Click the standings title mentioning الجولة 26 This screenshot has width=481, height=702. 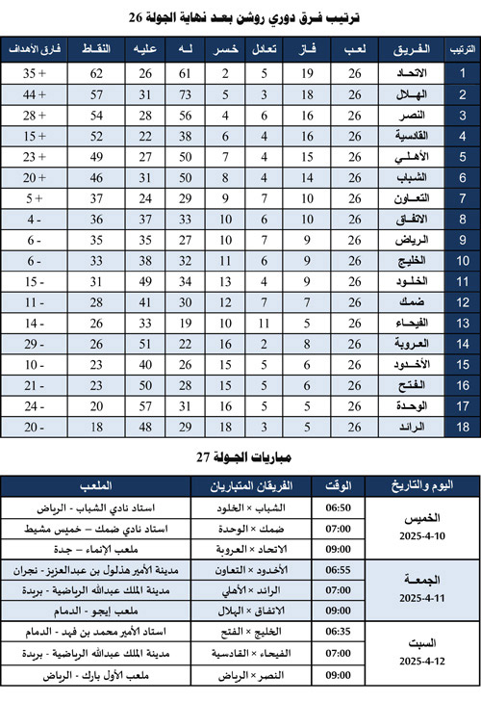pos(240,16)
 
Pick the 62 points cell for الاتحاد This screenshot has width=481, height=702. pos(97,73)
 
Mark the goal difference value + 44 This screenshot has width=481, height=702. pos(35,94)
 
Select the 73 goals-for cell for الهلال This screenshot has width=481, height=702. pos(187,94)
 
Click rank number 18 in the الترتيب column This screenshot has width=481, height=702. pos(461,427)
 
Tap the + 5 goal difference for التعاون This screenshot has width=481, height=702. pos(35,198)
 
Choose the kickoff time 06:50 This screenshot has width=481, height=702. pos(339,507)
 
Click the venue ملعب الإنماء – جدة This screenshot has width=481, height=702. pos(102,548)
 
